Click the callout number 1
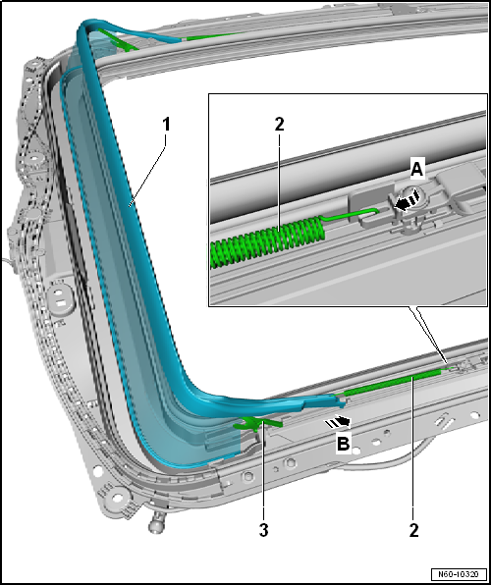point(166,124)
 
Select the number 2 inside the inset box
point(279,125)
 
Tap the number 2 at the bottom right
point(413,530)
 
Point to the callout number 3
point(263,530)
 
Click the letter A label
point(416,170)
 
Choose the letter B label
point(343,444)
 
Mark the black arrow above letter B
point(338,422)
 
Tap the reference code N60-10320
point(459,573)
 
